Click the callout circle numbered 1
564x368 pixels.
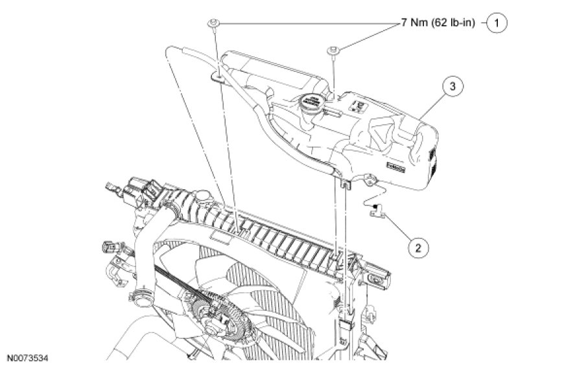(x=497, y=24)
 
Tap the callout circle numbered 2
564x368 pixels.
(x=418, y=246)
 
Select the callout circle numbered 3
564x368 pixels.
(x=453, y=86)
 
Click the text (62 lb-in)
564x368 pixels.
(x=456, y=24)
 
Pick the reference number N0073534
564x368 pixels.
(x=29, y=357)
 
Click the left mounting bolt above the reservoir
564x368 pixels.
(x=213, y=25)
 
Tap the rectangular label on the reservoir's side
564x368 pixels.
(x=394, y=167)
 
